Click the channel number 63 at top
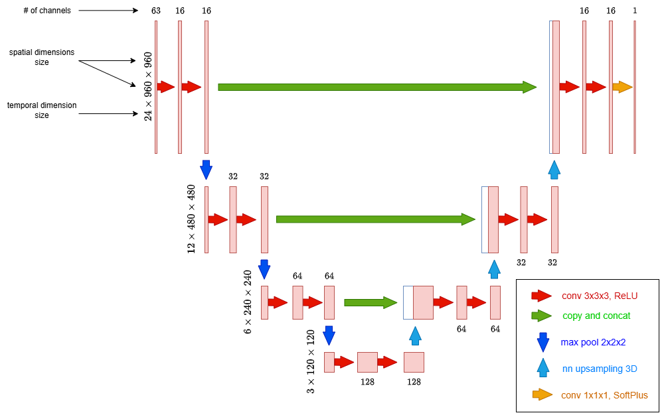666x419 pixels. click(x=156, y=11)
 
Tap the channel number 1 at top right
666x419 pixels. click(x=635, y=11)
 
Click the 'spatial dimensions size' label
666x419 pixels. click(x=42, y=57)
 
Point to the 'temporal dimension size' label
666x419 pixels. click(x=42, y=110)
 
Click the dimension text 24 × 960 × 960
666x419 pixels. click(x=148, y=87)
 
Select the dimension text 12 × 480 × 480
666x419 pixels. click(x=191, y=219)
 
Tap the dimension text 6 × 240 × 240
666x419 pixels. click(x=248, y=302)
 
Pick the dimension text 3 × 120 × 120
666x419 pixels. click(x=311, y=362)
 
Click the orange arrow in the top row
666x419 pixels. click(x=622, y=87)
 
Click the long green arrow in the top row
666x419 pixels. click(x=376, y=87)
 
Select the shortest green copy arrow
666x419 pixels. click(x=370, y=302)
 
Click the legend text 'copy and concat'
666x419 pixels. click(x=596, y=316)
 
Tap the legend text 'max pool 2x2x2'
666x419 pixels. click(x=593, y=342)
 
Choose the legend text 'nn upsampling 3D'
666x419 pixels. click(x=599, y=369)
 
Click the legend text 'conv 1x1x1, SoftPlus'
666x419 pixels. click(x=604, y=395)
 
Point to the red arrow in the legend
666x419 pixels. click(x=542, y=296)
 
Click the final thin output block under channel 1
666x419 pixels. click(x=635, y=87)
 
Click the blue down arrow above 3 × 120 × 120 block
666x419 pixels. click(x=328, y=335)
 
